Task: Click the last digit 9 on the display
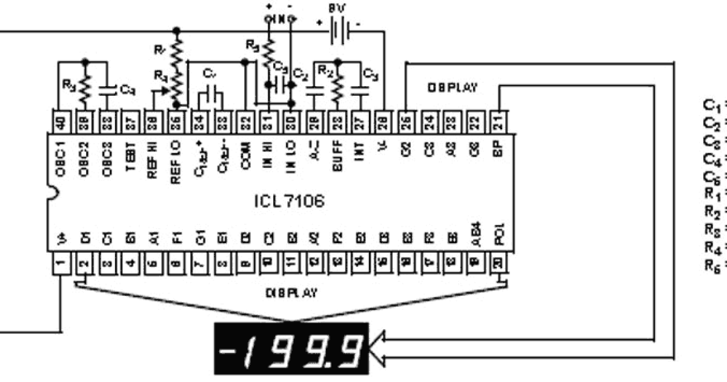pyautogui.click(x=351, y=349)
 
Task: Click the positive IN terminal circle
pyautogui.click(x=267, y=19)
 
